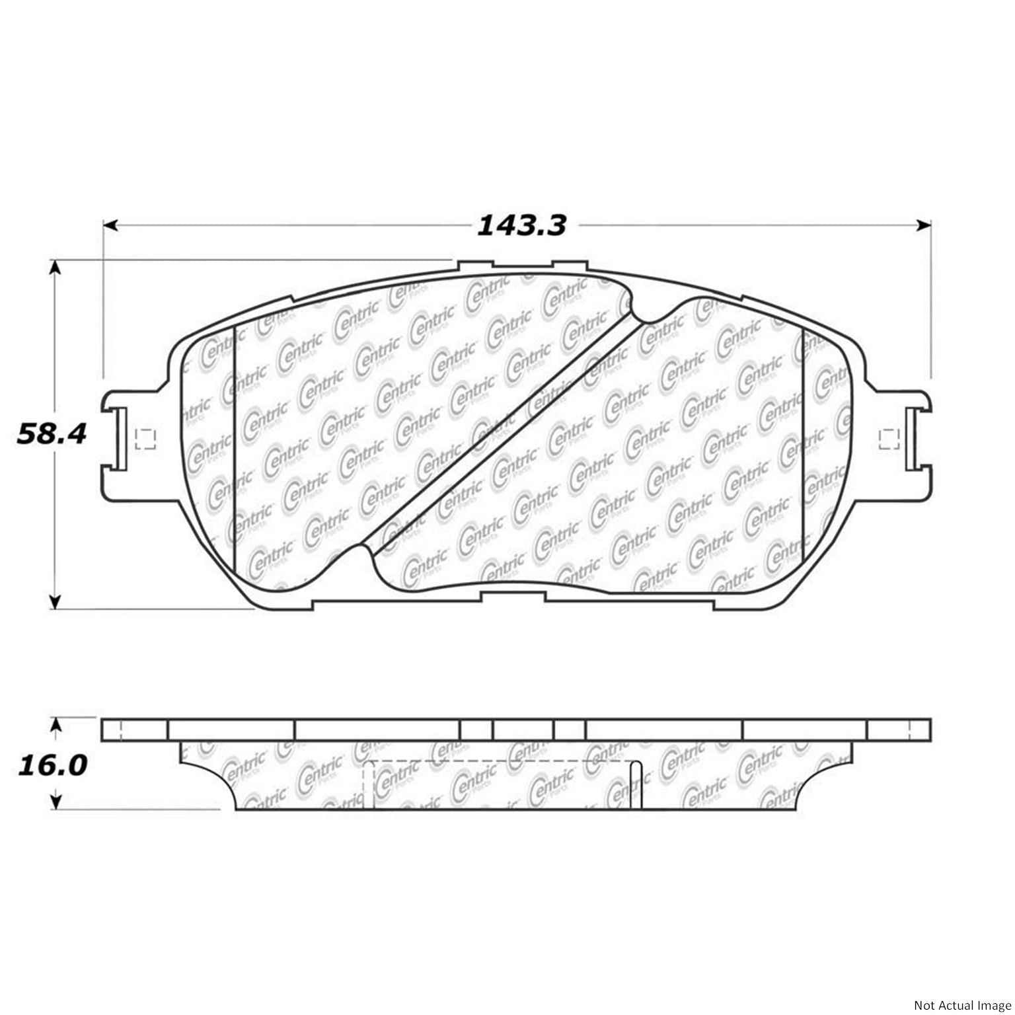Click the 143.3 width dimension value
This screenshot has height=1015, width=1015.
tap(521, 226)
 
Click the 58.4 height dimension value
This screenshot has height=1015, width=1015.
tap(52, 434)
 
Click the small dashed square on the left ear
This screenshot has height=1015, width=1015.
tap(145, 439)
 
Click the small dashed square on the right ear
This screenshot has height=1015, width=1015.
tap(891, 439)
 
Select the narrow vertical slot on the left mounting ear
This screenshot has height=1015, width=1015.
tap(120, 437)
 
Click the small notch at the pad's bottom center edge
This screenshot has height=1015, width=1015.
tap(513, 596)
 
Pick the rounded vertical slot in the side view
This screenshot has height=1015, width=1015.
tap(636, 784)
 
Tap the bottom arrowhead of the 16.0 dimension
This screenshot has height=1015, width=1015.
tap(57, 801)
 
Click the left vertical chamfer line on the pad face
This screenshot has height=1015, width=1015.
tap(235, 449)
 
